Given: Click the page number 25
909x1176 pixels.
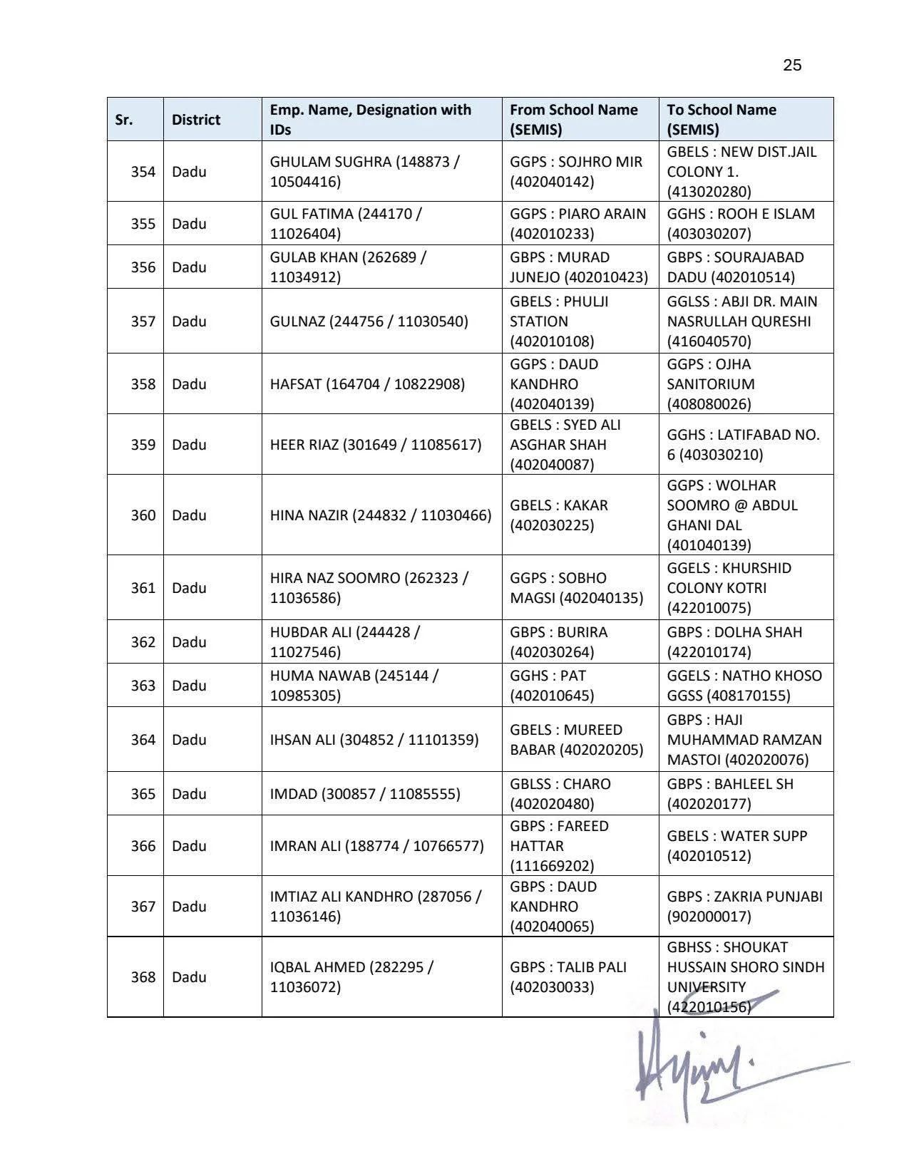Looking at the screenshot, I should [792, 66].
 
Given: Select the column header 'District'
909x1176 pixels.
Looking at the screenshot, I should [195, 120].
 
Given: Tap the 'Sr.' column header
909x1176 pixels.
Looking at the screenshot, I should [124, 120].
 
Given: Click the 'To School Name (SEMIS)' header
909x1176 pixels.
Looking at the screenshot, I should [721, 120].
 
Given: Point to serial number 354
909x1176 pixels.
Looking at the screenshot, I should [143, 172].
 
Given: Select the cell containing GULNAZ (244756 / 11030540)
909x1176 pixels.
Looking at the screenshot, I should [369, 321].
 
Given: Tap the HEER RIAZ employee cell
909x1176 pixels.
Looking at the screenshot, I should [375, 445].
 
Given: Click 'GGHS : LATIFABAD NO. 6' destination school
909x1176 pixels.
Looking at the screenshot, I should [743, 445].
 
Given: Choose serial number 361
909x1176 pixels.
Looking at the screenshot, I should [143, 588].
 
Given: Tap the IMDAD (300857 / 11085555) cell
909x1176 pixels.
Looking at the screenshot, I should [365, 794].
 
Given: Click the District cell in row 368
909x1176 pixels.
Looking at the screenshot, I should [189, 977].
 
